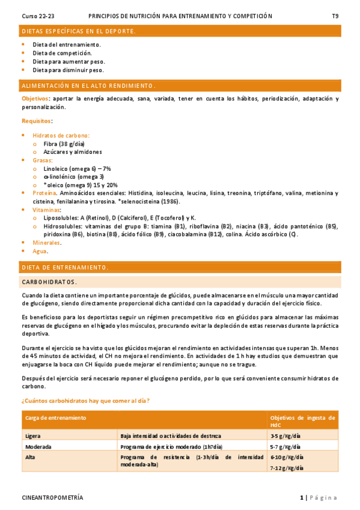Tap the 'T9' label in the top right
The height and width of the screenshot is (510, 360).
[x=335, y=16]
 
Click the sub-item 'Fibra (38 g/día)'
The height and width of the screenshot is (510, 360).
[x=64, y=144]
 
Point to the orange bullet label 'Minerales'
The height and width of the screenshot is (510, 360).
[x=46, y=242]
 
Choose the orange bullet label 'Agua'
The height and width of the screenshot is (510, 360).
[x=40, y=251]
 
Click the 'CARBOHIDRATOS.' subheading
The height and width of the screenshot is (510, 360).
[x=49, y=281]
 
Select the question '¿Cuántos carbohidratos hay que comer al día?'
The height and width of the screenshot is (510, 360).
[x=85, y=401]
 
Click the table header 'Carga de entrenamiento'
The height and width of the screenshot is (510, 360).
[x=55, y=417]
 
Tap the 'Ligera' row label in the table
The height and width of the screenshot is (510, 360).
[x=33, y=435]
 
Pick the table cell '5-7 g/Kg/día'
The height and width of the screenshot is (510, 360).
[x=282, y=447]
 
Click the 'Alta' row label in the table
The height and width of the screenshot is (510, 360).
[x=31, y=458]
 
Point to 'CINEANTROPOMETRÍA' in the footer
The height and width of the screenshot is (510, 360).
[x=52, y=498]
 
